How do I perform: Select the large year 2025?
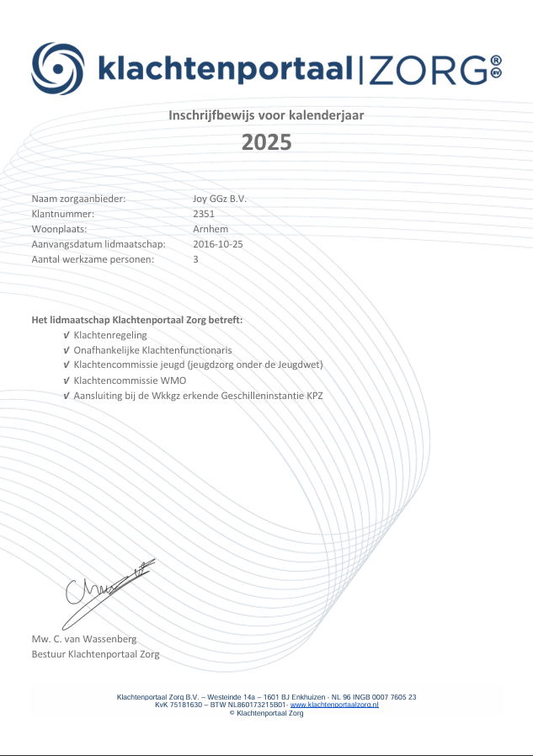(x=266, y=141)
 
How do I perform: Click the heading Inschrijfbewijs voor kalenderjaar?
(x=266, y=114)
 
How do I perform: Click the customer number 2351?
(x=204, y=214)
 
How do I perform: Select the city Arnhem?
(x=211, y=229)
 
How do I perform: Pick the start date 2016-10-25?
(x=218, y=244)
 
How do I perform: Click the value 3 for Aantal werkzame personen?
(x=196, y=259)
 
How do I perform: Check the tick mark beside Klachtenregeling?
(x=67, y=335)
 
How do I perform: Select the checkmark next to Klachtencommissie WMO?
(x=67, y=381)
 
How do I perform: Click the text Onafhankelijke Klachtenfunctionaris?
(x=152, y=350)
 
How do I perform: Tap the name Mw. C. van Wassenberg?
(x=83, y=639)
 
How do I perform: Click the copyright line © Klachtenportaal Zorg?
(x=266, y=713)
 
